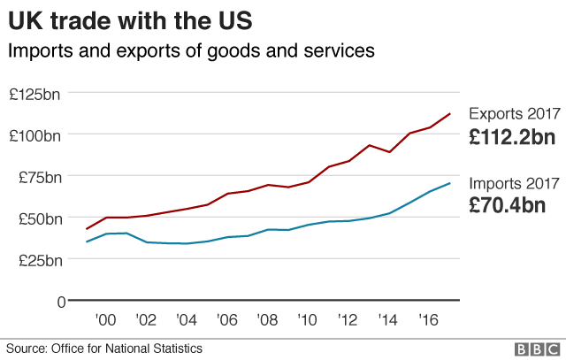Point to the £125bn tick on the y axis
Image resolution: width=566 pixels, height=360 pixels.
35,93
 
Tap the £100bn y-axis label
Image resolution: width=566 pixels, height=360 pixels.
35,134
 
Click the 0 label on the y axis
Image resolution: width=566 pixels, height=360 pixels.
60,301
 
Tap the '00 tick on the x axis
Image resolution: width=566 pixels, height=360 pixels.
107,319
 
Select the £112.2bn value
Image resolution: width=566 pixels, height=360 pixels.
512,137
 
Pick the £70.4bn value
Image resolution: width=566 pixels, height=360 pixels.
507,206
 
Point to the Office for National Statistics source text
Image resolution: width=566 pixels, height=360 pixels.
104,349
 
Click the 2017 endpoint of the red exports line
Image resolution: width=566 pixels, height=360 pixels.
450,113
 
